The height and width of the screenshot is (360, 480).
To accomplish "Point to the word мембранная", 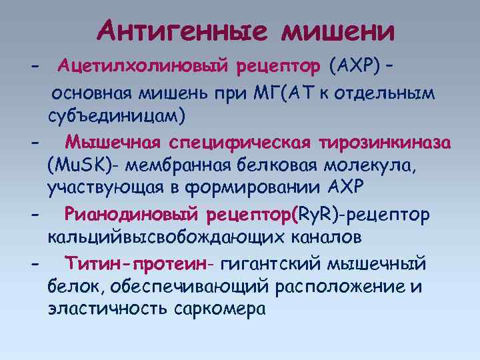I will [177, 165].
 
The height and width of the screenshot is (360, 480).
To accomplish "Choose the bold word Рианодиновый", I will [133, 215].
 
